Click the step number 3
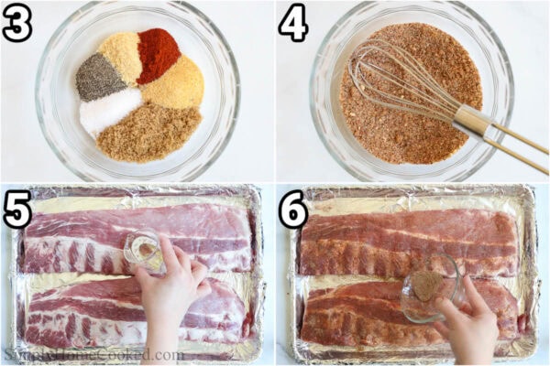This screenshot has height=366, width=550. click(16, 25)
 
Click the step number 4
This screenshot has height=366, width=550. click(293, 25)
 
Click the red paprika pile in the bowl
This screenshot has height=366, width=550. click(158, 54)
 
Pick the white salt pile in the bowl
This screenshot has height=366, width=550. click(108, 111)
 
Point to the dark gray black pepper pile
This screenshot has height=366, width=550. click(98, 77)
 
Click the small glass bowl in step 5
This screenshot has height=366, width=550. click(144, 250)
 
